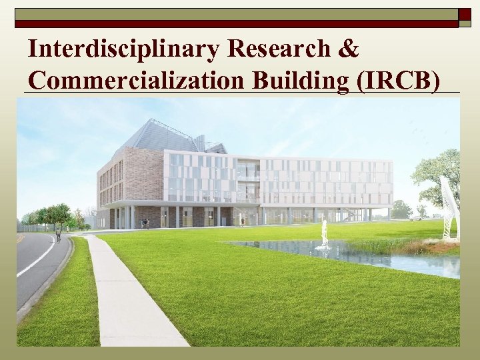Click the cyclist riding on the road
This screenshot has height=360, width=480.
pyautogui.click(x=59, y=235)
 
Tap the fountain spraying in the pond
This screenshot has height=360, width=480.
pyautogui.click(x=324, y=235)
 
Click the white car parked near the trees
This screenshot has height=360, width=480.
pyautogui.click(x=416, y=217)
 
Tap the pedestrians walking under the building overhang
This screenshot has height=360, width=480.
pyautogui.click(x=145, y=224)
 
